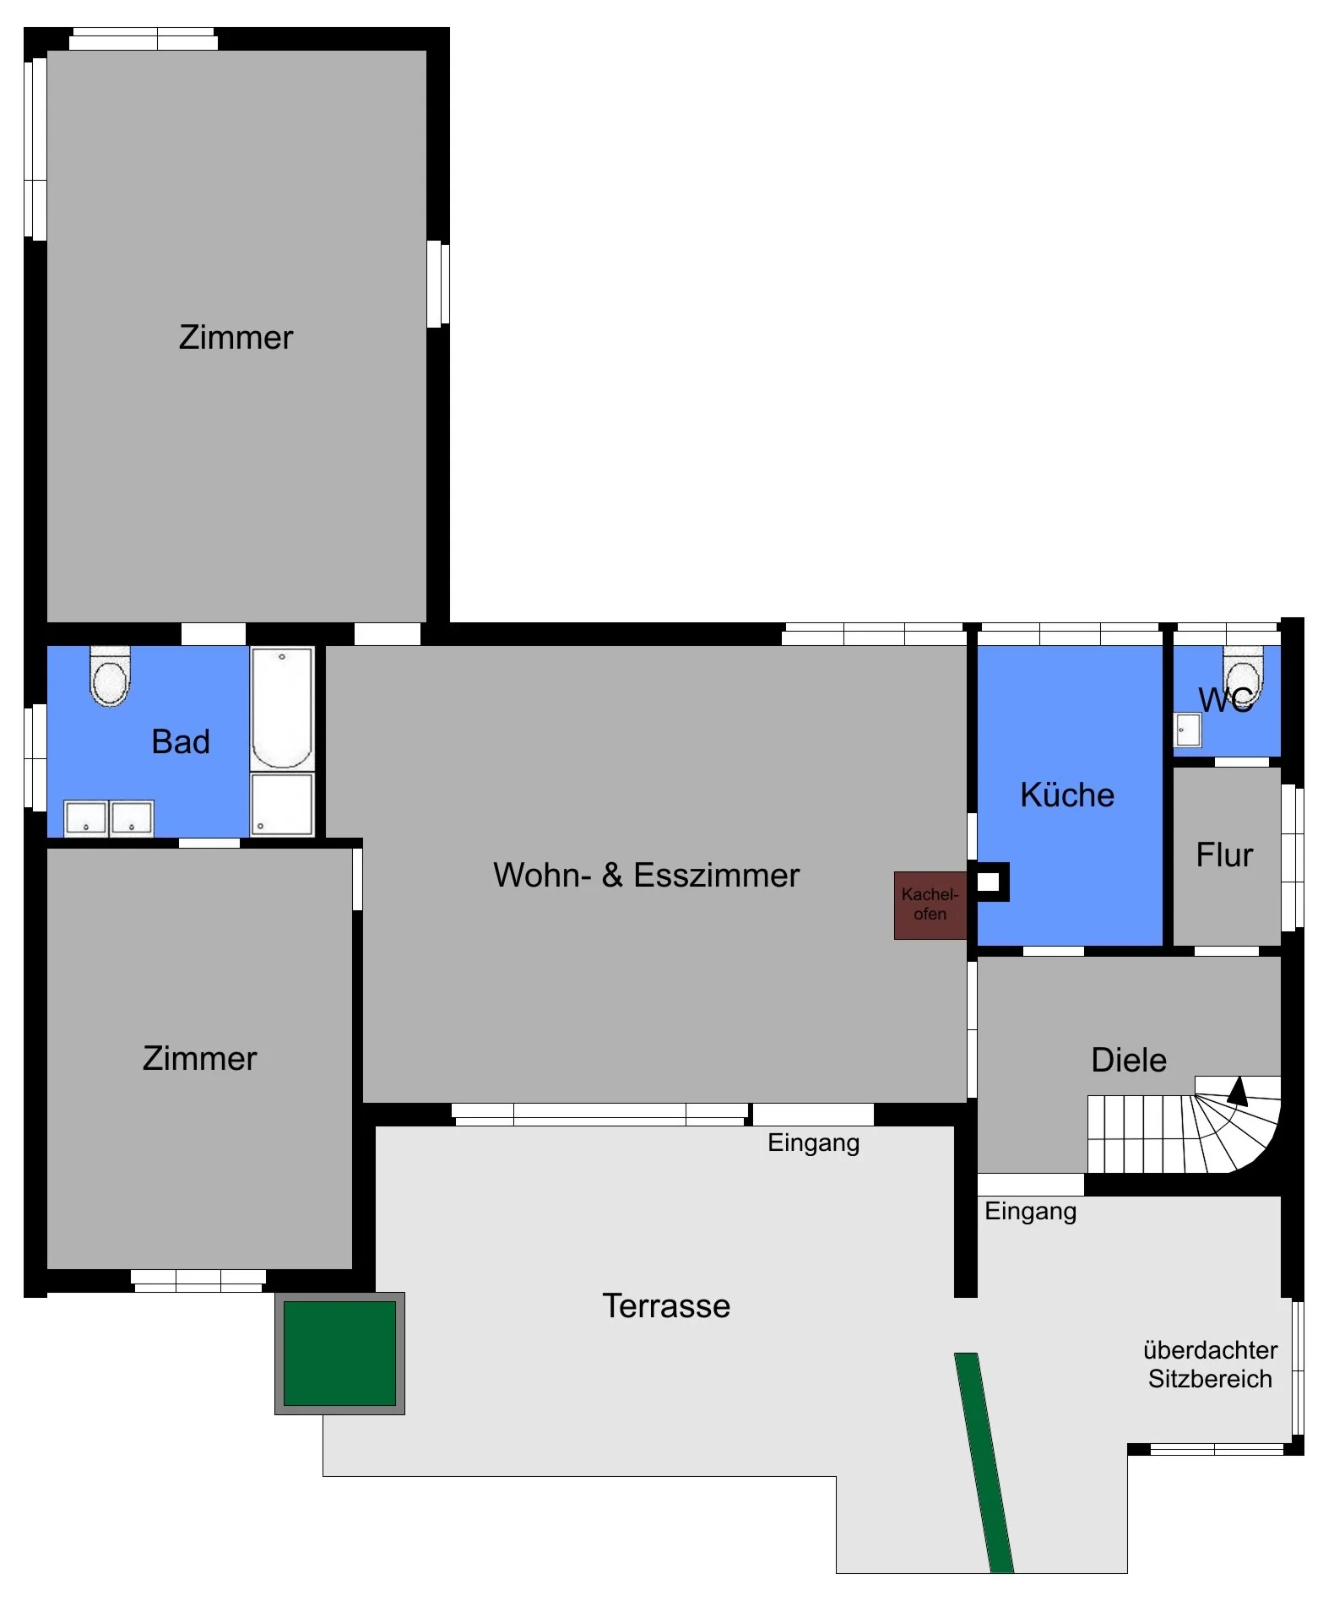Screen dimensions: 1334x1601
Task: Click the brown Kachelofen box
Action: (x=930, y=905)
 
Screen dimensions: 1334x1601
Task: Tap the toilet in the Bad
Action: (x=110, y=676)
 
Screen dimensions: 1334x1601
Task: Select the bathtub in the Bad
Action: (x=282, y=708)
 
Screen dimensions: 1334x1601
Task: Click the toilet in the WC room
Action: (x=1243, y=676)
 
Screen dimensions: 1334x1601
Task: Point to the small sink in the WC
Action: (x=1188, y=730)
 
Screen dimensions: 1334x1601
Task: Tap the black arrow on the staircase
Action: (x=1238, y=1091)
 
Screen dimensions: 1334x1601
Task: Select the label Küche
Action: (x=1067, y=795)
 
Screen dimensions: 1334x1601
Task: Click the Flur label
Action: (x=1224, y=855)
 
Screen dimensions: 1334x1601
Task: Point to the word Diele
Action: (x=1129, y=1061)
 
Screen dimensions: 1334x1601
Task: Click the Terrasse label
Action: (x=666, y=1305)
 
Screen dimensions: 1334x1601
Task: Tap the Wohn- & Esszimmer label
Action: (x=646, y=876)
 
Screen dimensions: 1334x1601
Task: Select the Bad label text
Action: (x=181, y=741)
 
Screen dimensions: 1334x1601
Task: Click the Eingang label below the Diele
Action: (x=1030, y=1212)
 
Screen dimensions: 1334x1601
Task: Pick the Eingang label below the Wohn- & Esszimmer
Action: (x=813, y=1143)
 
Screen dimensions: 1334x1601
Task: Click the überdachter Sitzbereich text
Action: (x=1210, y=1365)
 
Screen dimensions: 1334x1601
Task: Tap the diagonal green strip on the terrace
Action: (x=984, y=1463)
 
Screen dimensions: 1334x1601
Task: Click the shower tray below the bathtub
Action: (x=282, y=805)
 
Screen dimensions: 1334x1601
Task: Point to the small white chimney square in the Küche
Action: (x=988, y=882)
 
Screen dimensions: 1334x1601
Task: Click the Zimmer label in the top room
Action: (x=236, y=338)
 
